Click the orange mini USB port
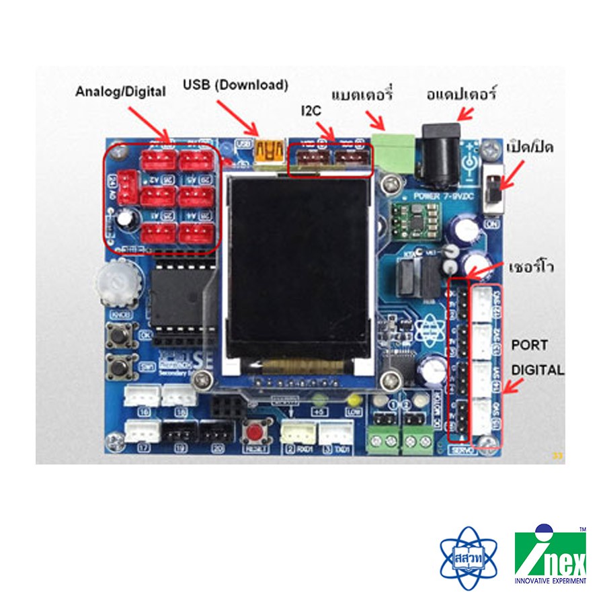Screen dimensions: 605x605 pos(267,154)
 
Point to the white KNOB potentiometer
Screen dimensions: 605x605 pos(119,282)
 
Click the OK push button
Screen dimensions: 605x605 pos(122,334)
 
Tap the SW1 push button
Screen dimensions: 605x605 pos(122,367)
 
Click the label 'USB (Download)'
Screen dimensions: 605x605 pos(235,85)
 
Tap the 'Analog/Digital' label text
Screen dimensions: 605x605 pos(120,91)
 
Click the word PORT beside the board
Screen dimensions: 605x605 pos(530,345)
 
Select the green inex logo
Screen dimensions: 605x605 pos(550,556)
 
